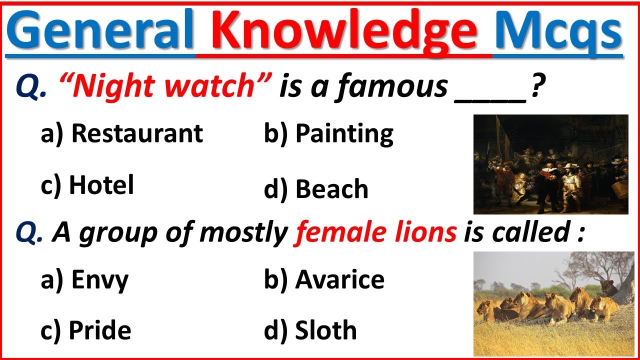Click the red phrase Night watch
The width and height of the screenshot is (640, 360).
165,86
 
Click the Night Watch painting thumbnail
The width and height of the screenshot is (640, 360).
550,164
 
